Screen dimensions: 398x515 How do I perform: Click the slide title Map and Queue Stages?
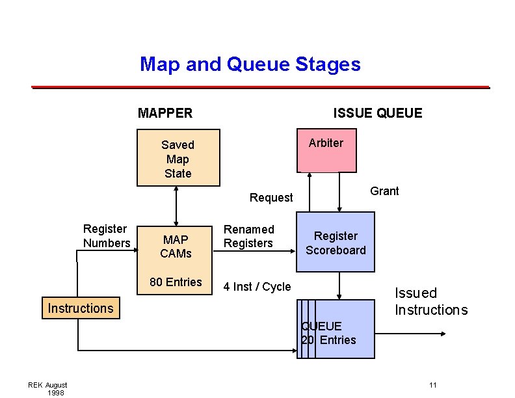[250, 64]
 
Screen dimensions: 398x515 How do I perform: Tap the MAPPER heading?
[165, 113]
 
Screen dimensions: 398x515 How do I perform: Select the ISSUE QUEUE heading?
[377, 113]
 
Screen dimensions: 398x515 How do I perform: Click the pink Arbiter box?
[326, 152]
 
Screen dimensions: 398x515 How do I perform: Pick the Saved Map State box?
[178, 159]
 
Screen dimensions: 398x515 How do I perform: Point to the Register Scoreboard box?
[336, 243]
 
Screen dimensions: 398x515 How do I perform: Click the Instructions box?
[80, 308]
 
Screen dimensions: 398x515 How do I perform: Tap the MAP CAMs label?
[176, 246]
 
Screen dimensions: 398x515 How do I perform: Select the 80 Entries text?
[176, 282]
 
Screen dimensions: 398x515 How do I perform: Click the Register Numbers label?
[106, 236]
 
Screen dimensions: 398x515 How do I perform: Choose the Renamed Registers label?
[248, 236]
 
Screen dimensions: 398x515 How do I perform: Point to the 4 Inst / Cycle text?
[257, 287]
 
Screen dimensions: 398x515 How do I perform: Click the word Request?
[271, 198]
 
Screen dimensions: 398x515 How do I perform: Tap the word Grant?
[384, 191]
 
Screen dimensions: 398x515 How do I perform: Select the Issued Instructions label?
[430, 301]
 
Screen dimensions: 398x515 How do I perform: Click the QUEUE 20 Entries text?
[329, 333]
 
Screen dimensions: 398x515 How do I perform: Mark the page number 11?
[433, 385]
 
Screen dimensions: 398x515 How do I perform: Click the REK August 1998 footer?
[48, 388]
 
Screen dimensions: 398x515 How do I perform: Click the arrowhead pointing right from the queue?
[442, 334]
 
